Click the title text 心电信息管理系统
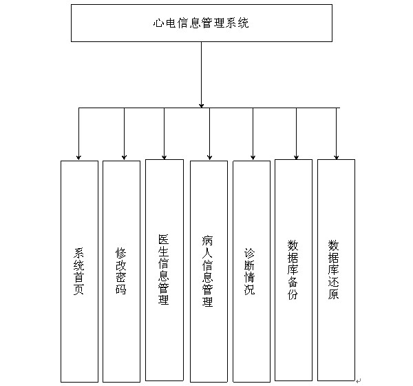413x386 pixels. tap(201, 23)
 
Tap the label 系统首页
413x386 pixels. tap(78, 271)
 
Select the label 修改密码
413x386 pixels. tap(121, 271)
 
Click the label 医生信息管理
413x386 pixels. tap(164, 270)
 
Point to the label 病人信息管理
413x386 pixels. tap(208, 271)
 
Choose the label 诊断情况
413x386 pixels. tap(249, 271)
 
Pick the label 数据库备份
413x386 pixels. tap(293, 270)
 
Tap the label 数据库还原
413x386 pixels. tap(333, 270)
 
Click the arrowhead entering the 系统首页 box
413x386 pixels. tap(78, 158)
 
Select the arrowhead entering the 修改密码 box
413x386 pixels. tap(125, 157)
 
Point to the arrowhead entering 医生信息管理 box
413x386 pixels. tap(164, 157)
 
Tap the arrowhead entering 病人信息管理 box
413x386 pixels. tap(210, 157)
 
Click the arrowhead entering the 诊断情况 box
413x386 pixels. tap(253, 157)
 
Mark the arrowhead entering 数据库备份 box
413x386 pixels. tap(296, 157)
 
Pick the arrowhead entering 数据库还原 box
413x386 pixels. tap(337, 157)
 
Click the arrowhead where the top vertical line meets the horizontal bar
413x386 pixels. tap(202, 105)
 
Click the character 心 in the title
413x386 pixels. tap(159, 23)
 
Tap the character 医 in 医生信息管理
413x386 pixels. tap(164, 239)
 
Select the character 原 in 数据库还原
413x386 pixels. tap(333, 294)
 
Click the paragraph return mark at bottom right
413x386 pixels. tap(358, 380)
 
